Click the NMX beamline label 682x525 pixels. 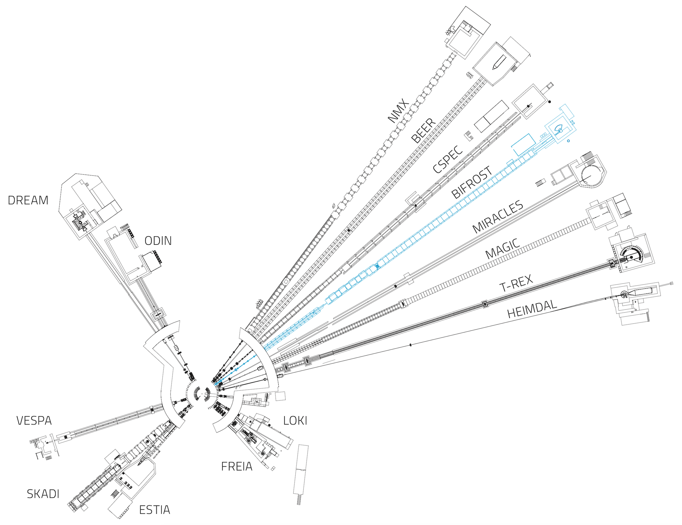[398, 111]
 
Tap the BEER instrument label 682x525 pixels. [424, 131]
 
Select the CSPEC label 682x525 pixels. [448, 159]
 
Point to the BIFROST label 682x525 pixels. [472, 182]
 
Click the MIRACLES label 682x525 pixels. [498, 217]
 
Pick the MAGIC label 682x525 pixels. [503, 249]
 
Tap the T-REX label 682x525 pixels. [516, 283]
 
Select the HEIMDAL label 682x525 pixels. [532, 309]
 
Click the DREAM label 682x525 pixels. [28, 200]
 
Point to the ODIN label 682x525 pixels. [158, 241]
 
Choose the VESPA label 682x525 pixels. [34, 421]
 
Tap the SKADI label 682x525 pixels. [43, 494]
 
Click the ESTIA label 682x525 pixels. [154, 510]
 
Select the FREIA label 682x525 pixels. [237, 467]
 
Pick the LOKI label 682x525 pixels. [295, 421]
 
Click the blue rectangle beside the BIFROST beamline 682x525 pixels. [523, 145]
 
